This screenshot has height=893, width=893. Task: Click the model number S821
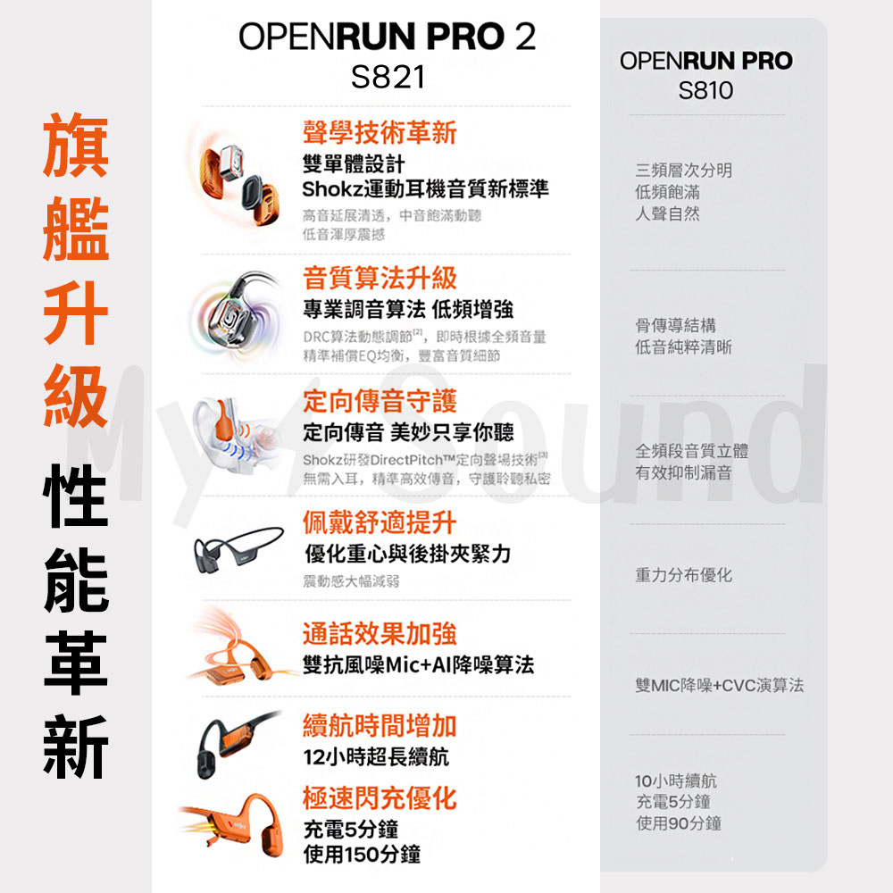pos(388,77)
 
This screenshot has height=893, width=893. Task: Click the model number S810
pos(705,90)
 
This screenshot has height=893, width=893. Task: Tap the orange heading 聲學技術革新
pos(380,133)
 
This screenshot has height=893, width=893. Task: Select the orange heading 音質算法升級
pos(380,279)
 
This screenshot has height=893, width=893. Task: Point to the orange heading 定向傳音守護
pos(380,401)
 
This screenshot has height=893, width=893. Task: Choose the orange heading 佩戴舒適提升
pos(380,522)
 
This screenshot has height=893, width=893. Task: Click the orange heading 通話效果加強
pos(380,633)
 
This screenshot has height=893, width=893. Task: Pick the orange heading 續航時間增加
pos(380,725)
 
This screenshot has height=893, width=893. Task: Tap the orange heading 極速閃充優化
pos(380,797)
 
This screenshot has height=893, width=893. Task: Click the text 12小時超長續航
pos(376,757)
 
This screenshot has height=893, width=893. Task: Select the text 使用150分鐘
pos(363,855)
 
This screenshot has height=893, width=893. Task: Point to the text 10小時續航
pos(676,780)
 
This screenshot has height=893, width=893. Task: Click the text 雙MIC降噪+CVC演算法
pos(719,685)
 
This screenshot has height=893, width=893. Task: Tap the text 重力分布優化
pos(683,575)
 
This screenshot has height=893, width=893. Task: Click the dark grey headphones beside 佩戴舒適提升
pos(238,548)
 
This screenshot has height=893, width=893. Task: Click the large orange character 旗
pos(76,146)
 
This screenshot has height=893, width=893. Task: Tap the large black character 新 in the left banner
pos(76,746)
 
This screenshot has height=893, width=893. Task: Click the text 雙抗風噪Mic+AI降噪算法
pos(419,664)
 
